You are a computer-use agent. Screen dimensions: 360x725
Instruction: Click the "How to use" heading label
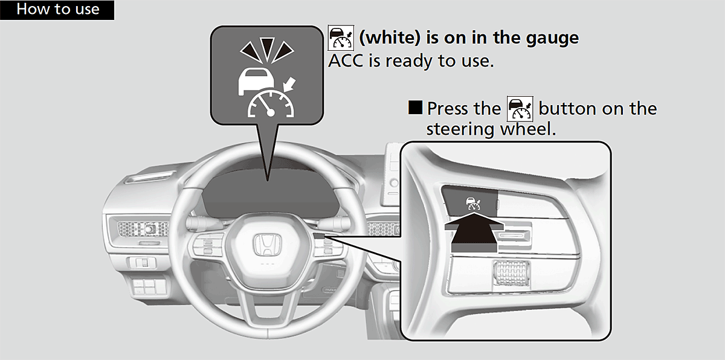pyautogui.click(x=57, y=10)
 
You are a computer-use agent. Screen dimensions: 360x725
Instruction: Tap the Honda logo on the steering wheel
pyautogui.click(x=264, y=245)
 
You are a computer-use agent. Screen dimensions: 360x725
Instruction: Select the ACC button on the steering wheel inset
pyautogui.click(x=471, y=202)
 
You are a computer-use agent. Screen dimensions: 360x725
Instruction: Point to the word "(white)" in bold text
pyautogui.click(x=390, y=38)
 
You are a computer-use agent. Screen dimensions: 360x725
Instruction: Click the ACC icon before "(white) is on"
pyautogui.click(x=340, y=37)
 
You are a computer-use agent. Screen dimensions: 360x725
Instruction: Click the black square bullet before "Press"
pyautogui.click(x=416, y=109)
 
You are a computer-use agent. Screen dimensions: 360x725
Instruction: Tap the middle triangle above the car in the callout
pyautogui.click(x=267, y=48)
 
